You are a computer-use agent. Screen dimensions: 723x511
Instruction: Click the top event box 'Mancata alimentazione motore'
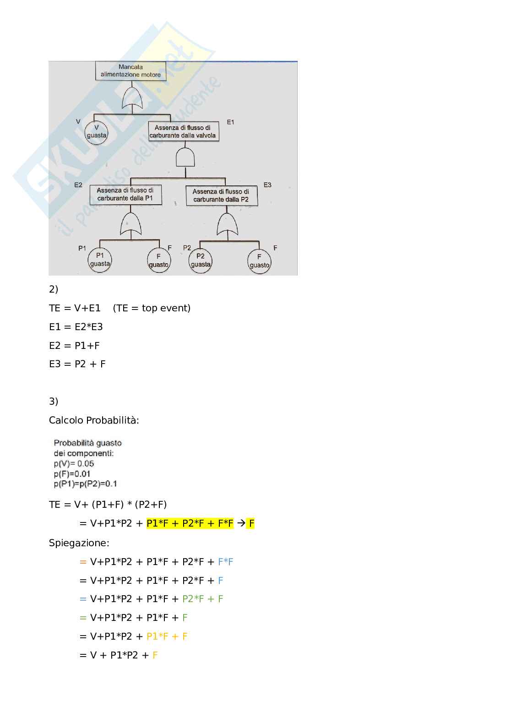pos(130,71)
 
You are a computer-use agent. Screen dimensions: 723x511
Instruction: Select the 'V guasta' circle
pos(96,132)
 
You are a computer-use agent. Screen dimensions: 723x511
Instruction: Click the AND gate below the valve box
pos(185,158)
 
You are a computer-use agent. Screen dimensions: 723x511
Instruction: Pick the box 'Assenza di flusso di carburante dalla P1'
pos(125,195)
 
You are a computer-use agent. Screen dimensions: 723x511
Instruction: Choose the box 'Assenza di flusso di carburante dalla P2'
pos(221,196)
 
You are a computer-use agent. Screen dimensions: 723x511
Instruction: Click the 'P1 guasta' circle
pos(100,260)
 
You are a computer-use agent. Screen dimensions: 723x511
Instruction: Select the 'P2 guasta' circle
pos(201,260)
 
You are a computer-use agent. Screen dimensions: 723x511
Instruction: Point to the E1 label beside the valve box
pos(230,122)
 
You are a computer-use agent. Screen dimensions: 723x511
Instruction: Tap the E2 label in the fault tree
pos(78,185)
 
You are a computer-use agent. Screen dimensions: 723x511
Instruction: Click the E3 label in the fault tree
pos(267,185)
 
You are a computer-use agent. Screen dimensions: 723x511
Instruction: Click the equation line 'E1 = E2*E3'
pos(76,327)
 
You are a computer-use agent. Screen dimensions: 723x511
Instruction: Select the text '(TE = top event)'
pos(152,308)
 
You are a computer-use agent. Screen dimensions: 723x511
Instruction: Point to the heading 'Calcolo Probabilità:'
pos(94,420)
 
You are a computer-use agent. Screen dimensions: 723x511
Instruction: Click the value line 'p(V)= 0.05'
pos(74,463)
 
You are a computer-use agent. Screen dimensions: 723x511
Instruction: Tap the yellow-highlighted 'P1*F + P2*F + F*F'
pos(190,523)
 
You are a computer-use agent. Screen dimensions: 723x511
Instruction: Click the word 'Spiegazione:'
pos(79,543)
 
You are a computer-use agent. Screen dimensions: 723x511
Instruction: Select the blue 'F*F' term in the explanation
pos(226,562)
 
